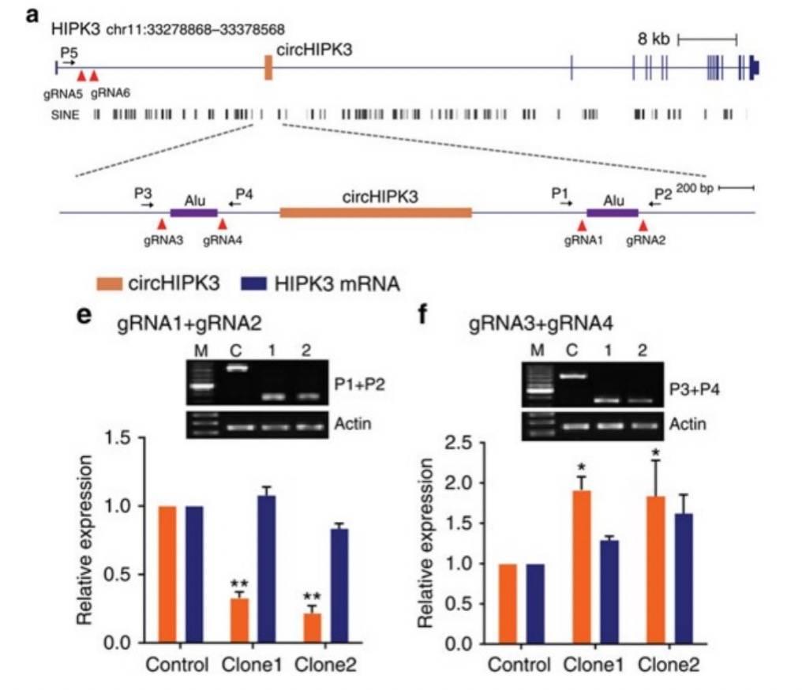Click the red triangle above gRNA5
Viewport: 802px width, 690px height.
[x=81, y=76]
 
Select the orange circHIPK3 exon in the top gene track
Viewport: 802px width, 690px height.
[x=268, y=68]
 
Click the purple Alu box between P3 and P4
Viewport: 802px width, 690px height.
[x=193, y=212]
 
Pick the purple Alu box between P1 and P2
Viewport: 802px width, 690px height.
[x=613, y=212]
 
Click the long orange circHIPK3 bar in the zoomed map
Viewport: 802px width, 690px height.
[x=376, y=212]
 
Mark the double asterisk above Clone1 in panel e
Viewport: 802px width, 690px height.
[x=239, y=584]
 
